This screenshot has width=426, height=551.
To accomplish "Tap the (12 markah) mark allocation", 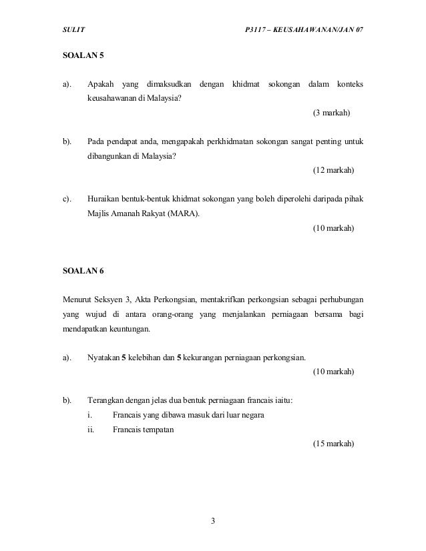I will (x=334, y=171).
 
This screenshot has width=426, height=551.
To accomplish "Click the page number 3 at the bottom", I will (x=212, y=520).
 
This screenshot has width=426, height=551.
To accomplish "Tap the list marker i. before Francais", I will (x=89, y=415).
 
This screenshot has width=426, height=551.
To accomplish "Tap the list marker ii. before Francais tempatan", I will (x=91, y=430).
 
